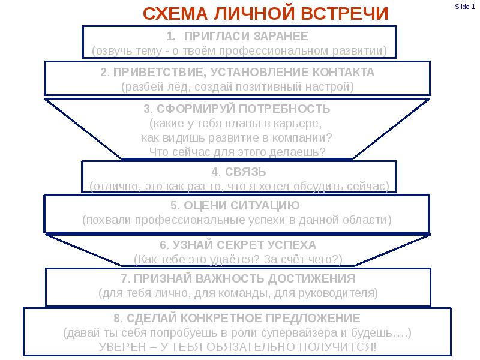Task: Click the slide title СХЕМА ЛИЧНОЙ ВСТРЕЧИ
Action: tap(266, 14)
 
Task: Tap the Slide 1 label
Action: tap(465, 7)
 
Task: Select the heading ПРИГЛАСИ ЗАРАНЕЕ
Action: tap(246, 35)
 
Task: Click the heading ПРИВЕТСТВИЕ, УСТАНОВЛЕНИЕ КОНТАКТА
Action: tap(237, 73)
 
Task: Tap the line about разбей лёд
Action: tap(238, 87)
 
